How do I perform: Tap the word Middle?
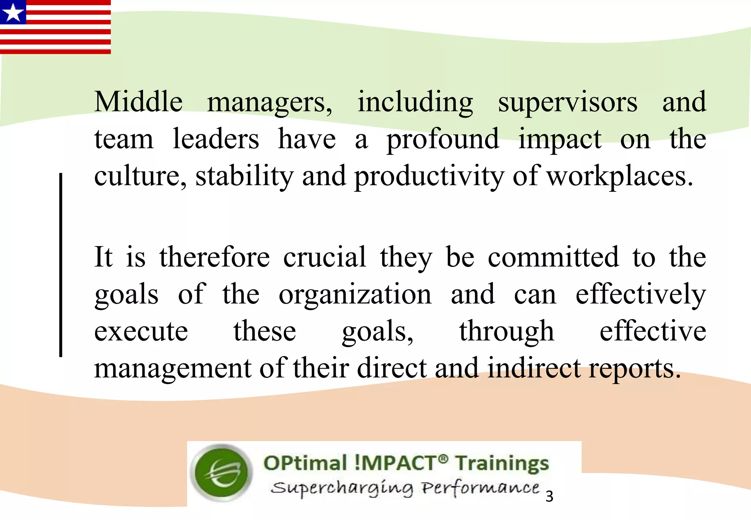coord(138,102)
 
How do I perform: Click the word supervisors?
coord(567,102)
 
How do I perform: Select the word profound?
coord(443,140)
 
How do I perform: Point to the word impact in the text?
coord(560,140)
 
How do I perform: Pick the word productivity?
coord(429,177)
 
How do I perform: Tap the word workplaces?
coord(620,177)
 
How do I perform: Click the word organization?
coord(355,294)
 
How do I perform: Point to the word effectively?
coord(640,294)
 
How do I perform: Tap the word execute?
coord(141,331)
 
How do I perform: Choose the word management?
coord(173,369)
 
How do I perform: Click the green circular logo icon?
coord(222,473)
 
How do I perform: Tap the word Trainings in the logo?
coord(502,463)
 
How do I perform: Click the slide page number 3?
coord(549,497)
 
